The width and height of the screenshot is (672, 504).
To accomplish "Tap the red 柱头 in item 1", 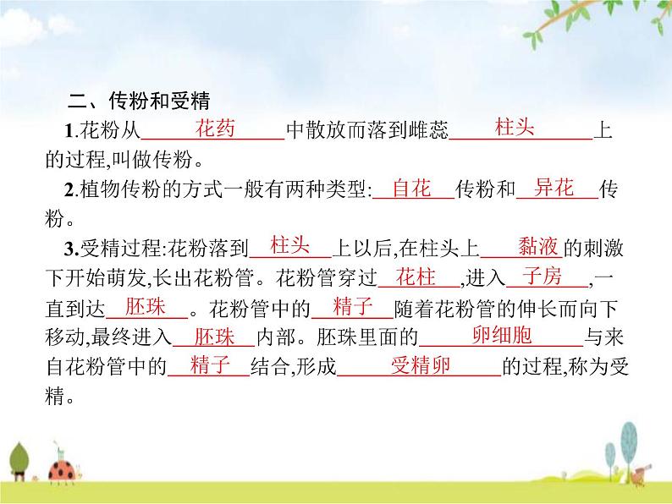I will [515, 129].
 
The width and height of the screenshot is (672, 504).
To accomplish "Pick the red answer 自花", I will [412, 189].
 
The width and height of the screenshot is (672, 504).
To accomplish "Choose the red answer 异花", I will [554, 189].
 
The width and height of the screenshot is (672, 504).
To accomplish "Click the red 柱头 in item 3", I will [289, 246].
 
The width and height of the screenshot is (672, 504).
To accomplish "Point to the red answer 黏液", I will [537, 247].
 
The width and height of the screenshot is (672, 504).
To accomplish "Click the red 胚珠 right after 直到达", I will [145, 306].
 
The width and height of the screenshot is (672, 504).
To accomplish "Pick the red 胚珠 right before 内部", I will [214, 337].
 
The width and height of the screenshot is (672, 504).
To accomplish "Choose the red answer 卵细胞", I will [501, 336].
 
